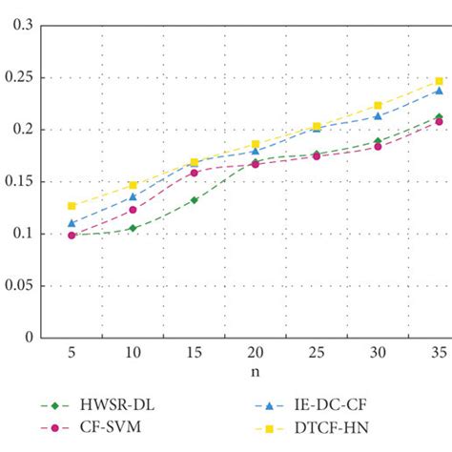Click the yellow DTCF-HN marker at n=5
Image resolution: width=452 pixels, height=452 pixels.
point(72,206)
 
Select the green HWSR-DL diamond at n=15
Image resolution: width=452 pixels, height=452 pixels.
point(194,200)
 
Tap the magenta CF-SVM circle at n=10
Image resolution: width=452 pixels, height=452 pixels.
point(133,210)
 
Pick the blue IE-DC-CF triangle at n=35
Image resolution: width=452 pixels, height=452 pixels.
point(439,91)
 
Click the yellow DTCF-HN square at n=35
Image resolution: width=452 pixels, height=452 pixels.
point(439,81)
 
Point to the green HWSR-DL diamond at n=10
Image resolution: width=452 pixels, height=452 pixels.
point(133,228)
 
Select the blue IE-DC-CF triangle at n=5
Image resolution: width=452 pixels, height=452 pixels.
point(72,223)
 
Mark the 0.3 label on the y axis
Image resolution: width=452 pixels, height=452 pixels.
point(22,26)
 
